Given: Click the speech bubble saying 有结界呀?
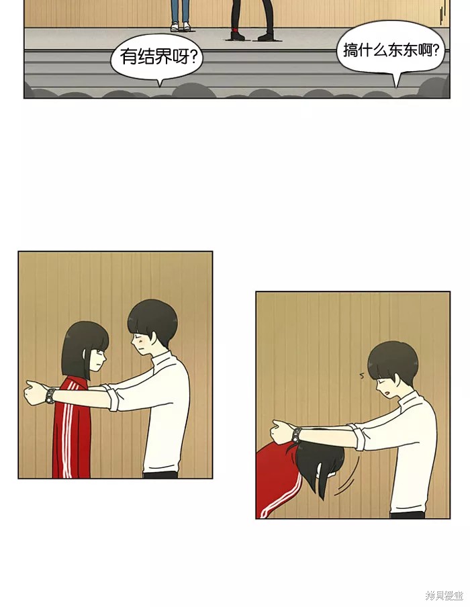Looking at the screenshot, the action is [156, 58].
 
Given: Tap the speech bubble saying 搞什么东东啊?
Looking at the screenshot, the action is [391, 50].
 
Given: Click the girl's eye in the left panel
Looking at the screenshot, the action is [99, 352].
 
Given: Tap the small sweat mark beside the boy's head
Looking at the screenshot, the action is [363, 375].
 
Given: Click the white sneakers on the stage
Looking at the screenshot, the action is [181, 26].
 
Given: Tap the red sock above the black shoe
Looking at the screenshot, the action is [236, 30].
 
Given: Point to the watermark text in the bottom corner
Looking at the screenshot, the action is [445, 596].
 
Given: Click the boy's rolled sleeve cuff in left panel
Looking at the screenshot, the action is [113, 396].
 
